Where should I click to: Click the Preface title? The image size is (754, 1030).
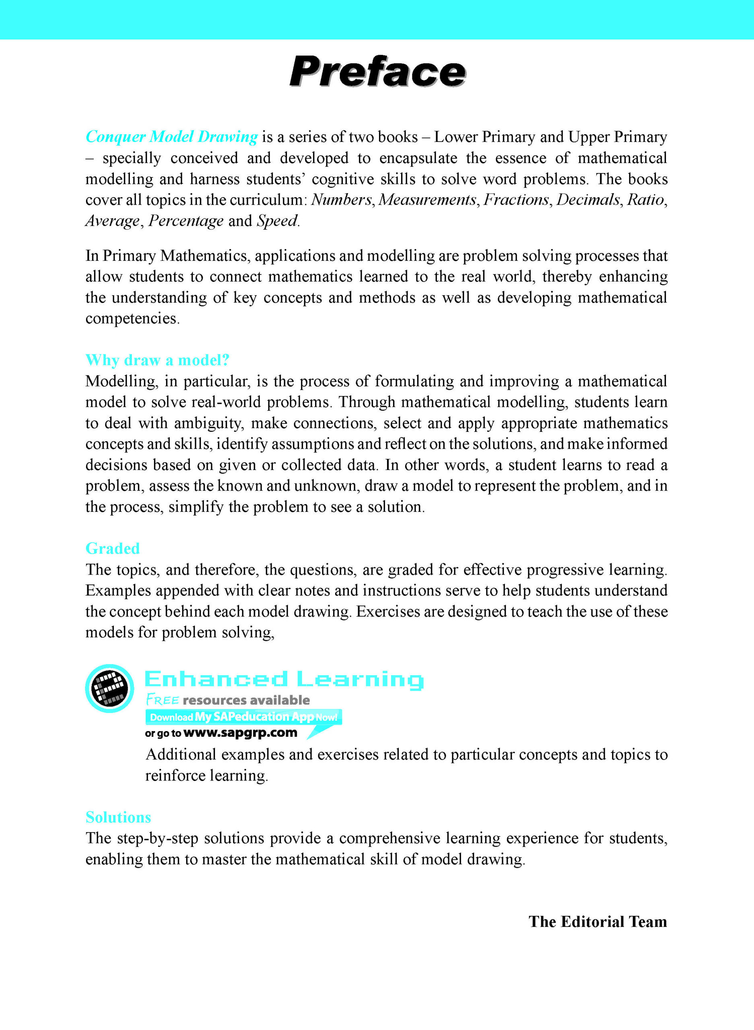[377, 72]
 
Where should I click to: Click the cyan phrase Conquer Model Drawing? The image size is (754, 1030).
[172, 136]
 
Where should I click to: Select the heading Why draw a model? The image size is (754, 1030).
[157, 360]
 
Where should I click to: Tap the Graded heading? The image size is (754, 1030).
[112, 548]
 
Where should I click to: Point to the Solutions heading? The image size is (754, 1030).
[118, 817]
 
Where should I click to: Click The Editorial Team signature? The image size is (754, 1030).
[597, 921]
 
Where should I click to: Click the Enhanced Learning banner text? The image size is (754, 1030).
[284, 679]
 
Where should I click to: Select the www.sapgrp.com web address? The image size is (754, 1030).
[240, 733]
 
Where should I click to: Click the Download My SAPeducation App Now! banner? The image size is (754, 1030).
[243, 717]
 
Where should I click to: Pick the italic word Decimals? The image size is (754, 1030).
[588, 200]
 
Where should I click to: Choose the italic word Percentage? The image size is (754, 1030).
[186, 220]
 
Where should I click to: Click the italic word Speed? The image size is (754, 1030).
[277, 220]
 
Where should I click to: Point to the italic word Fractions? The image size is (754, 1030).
[516, 200]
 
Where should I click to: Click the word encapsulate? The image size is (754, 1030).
[418, 158]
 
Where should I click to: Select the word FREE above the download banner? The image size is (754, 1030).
[163, 700]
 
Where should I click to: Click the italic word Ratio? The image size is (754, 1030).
[645, 200]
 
